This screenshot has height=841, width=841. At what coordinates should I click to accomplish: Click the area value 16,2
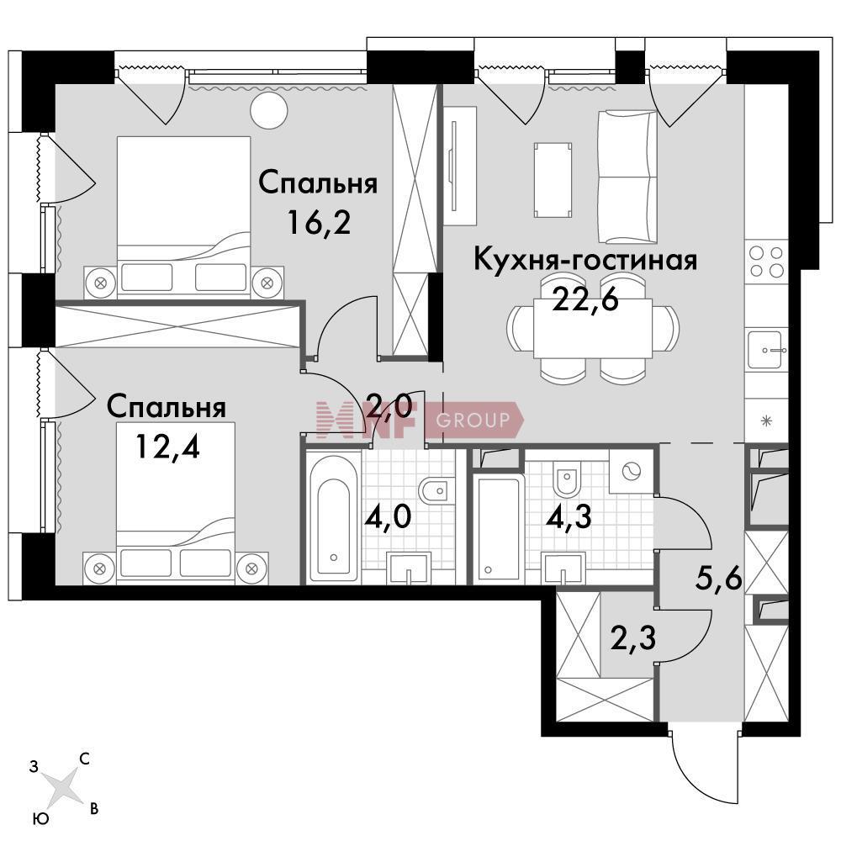319,222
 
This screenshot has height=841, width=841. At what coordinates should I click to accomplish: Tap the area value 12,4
168,446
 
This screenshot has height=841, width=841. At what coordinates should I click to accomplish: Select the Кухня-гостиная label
585,260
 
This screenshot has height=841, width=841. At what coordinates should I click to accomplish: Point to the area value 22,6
585,299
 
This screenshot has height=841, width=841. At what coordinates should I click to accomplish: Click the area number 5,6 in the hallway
719,579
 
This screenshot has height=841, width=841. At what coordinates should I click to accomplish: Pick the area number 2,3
633,637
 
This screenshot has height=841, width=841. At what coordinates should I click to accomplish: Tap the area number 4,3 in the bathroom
569,516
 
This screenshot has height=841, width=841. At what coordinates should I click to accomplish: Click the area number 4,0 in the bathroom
388,516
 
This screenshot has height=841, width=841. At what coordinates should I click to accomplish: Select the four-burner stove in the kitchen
766,262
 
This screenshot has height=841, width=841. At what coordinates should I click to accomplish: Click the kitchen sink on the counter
767,349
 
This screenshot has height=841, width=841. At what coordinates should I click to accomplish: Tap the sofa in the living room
627,177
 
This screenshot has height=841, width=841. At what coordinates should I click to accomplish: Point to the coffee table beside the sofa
553,180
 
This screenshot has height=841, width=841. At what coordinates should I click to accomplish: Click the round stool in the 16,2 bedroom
269,110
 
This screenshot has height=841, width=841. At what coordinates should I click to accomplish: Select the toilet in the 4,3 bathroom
565,478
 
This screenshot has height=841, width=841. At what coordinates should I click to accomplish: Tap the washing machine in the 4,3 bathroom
631,471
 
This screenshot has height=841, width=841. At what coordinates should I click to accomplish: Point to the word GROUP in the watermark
473,420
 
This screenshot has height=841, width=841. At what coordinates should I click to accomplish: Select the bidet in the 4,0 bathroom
436,490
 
